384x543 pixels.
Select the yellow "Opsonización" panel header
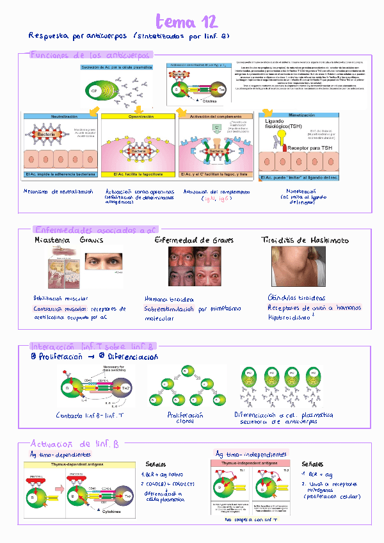click(138, 117)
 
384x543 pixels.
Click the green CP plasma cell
click(94, 91)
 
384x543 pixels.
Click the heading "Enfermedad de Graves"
click(194, 240)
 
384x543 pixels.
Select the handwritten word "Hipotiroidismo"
click(291, 317)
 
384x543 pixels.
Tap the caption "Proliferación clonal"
click(182, 418)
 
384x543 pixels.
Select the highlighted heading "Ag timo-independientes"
click(250, 453)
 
